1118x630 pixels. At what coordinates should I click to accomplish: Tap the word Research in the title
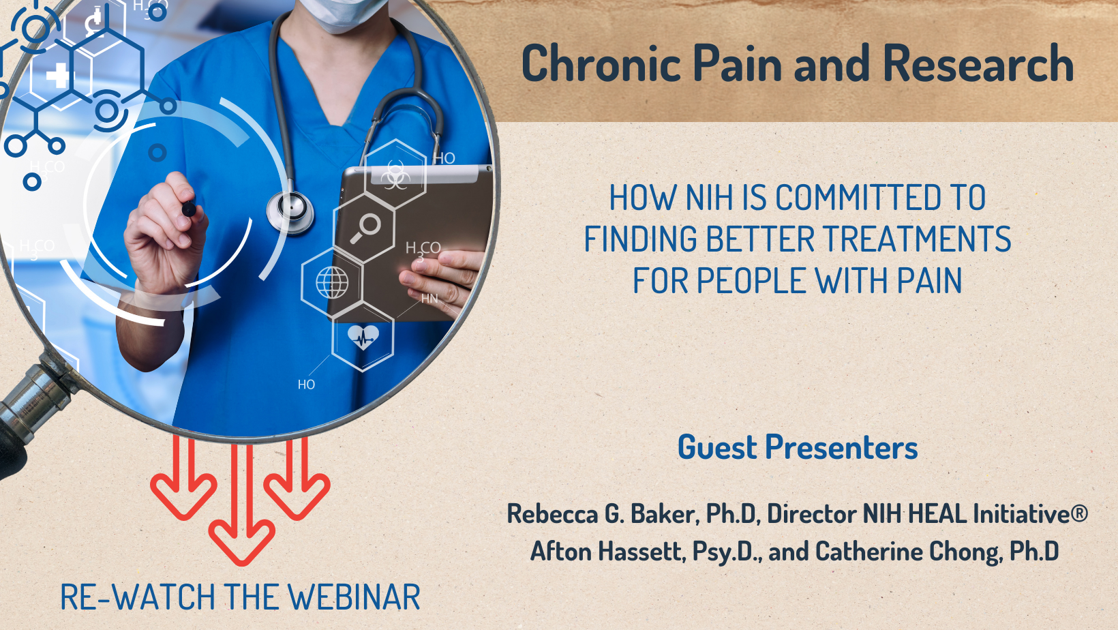(x=978, y=63)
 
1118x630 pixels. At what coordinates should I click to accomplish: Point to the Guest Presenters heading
(x=798, y=447)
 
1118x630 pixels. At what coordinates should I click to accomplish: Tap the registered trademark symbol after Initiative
(x=1079, y=513)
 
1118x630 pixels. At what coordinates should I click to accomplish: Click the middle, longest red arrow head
(x=241, y=541)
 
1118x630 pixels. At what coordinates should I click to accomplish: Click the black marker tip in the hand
(x=189, y=209)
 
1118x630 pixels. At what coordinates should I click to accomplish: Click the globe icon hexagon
(x=333, y=282)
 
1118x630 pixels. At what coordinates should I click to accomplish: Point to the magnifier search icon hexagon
(x=364, y=228)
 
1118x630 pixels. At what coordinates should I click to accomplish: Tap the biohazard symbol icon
(x=395, y=175)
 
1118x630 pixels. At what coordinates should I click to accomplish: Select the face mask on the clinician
(x=342, y=14)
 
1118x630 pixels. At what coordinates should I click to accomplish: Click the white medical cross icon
(x=58, y=76)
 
